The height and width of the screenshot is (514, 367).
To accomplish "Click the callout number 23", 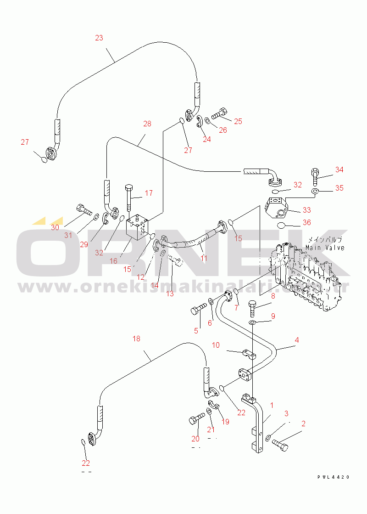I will (99, 38).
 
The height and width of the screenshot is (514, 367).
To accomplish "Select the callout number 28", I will (147, 124).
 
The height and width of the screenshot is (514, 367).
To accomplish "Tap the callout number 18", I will (136, 339).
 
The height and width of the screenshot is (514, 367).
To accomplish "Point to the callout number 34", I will (339, 170).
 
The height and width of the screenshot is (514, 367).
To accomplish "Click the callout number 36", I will (307, 222).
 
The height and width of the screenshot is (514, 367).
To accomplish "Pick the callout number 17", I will (149, 193).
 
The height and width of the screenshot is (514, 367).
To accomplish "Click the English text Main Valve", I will (325, 248).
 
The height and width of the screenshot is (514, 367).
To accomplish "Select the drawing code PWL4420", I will (334, 477).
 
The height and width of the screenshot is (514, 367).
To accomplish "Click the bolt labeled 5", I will (198, 310).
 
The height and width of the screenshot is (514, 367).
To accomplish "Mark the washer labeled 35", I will (315, 190).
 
